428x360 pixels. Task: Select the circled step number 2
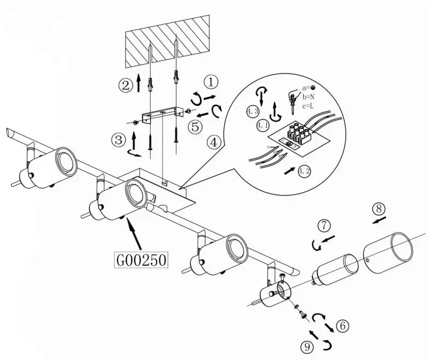pos(125,85)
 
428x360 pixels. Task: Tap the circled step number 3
pos(117,139)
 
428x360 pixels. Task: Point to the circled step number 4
pos(215,142)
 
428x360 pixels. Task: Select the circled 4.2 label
pos(304,170)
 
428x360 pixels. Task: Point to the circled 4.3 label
pos(253,112)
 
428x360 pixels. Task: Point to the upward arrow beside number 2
pos(139,84)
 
